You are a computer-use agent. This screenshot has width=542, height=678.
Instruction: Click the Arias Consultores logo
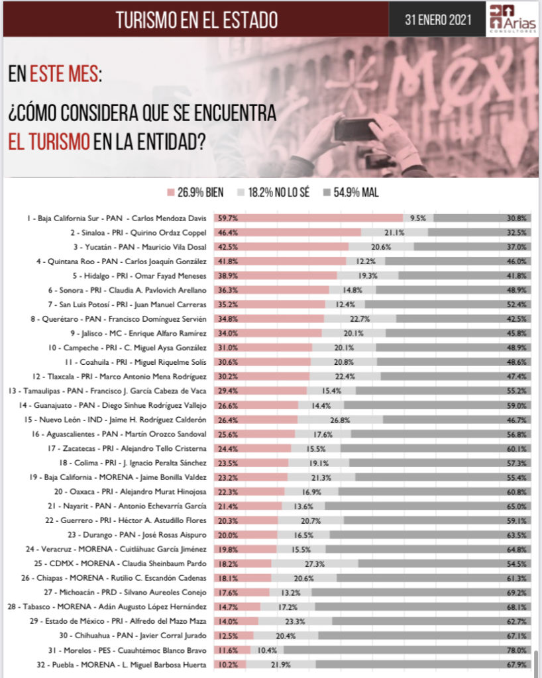(512, 19)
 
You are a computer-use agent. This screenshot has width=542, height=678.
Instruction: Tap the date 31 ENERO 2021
(439, 19)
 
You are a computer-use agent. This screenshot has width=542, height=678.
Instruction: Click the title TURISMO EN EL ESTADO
(197, 20)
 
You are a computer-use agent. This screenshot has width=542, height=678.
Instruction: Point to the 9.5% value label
(419, 218)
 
